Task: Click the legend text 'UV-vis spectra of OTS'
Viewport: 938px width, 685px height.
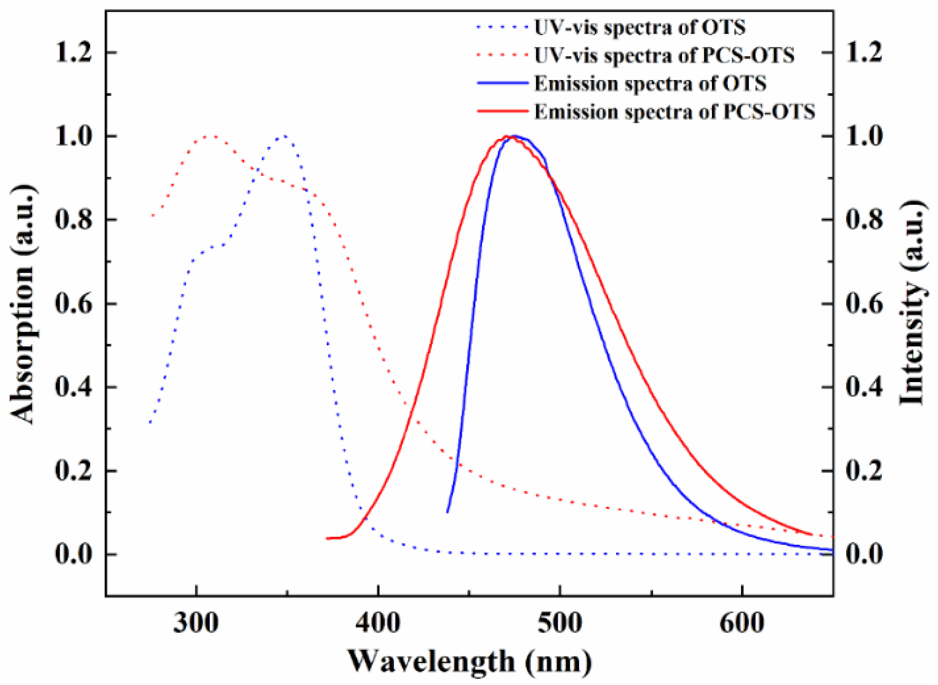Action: click(x=639, y=27)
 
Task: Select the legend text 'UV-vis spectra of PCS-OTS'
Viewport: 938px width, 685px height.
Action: click(x=664, y=55)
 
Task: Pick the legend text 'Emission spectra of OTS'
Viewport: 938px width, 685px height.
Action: click(x=650, y=84)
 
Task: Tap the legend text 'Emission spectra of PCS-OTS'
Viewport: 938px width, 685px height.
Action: click(x=674, y=112)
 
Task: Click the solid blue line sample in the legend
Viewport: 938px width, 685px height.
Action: click(x=503, y=83)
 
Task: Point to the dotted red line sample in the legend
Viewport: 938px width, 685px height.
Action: click(x=503, y=55)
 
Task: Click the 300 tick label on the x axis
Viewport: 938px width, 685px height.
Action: click(x=196, y=623)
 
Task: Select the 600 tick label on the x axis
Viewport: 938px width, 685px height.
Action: click(x=742, y=623)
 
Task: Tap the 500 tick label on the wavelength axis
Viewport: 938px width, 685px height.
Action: click(x=560, y=623)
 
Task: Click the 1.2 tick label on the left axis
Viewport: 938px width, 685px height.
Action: click(x=73, y=52)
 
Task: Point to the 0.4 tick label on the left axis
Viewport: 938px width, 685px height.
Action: click(x=73, y=387)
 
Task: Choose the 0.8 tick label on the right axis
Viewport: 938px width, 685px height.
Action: click(x=864, y=219)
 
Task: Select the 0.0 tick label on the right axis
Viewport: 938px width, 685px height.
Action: click(x=864, y=554)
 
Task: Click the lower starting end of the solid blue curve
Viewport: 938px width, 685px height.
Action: click(x=447, y=512)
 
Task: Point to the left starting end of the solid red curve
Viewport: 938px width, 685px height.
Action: click(x=327, y=538)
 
